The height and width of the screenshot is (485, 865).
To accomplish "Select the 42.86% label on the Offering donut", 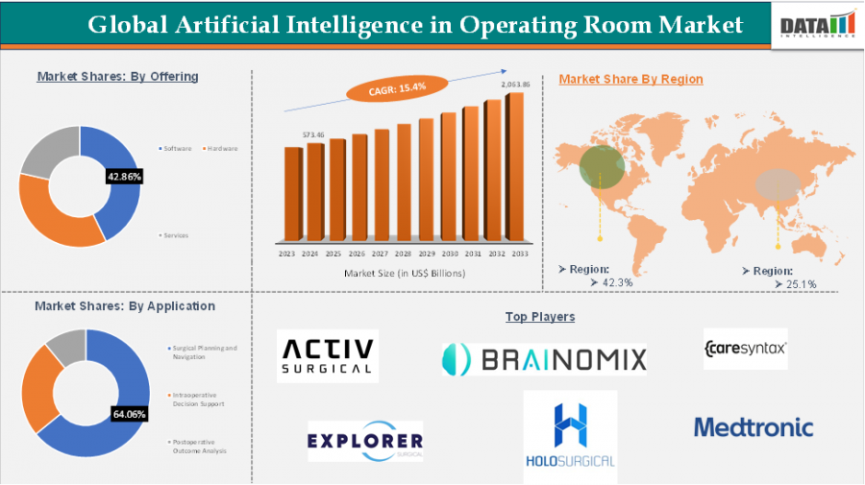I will coord(125,177).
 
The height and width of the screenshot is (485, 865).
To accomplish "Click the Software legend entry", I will coord(176,149).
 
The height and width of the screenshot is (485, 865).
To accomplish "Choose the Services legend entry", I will coord(177,234).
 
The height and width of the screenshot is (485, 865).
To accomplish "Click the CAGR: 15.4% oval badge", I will coord(398,87).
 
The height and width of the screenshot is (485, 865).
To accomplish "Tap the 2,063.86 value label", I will coord(515,85).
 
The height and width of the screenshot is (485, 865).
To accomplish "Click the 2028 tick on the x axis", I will coord(403,255).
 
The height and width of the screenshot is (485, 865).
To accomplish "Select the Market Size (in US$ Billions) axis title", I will coord(404,274).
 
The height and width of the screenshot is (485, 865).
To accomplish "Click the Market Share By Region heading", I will coord(630,79).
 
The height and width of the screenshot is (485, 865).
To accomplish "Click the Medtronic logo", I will coord(753,427).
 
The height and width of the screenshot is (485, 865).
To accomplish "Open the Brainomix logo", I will coord(544,358).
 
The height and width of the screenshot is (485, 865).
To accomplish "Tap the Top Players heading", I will coord(539,316).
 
